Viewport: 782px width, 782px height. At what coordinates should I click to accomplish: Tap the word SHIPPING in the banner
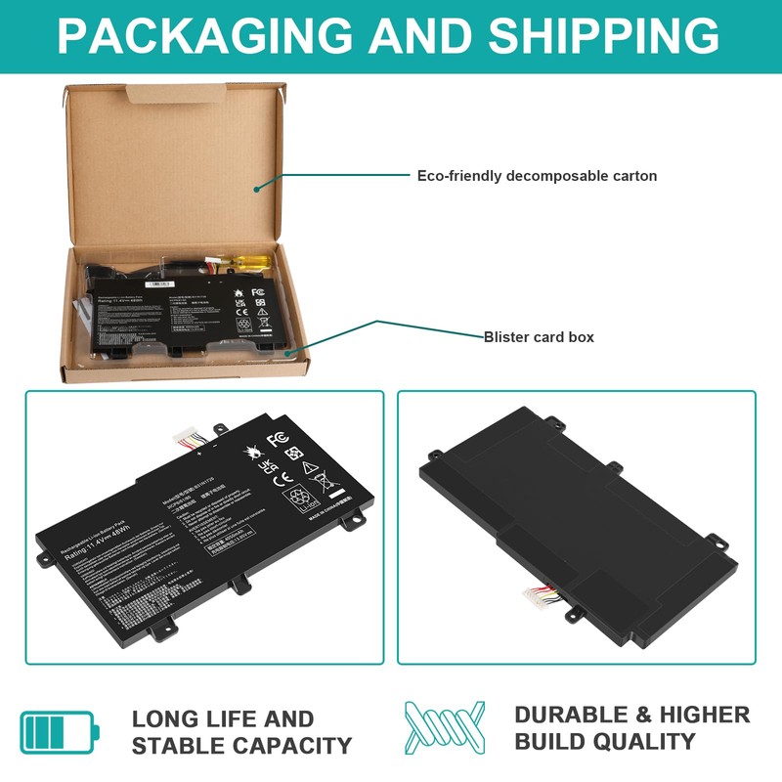click(x=604, y=35)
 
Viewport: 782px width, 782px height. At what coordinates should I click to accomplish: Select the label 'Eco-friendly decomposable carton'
click(x=537, y=176)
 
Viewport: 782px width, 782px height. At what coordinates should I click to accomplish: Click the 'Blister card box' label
click(x=539, y=337)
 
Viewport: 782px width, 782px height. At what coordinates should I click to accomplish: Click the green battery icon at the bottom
click(x=59, y=731)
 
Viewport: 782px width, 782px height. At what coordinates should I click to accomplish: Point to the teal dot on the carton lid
click(x=256, y=187)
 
